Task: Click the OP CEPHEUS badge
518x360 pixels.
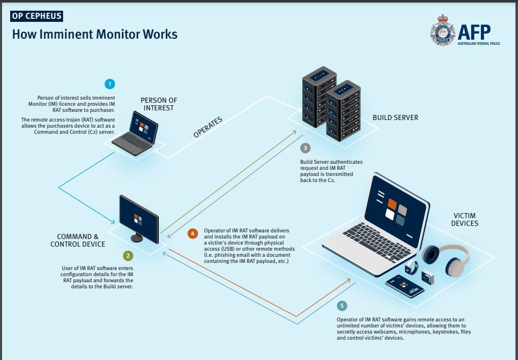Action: click(36, 16)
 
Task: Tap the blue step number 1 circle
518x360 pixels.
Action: click(109, 84)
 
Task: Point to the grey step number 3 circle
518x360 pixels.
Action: click(305, 148)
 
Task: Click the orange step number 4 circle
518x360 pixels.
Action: click(192, 234)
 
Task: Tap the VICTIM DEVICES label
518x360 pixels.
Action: click(465, 219)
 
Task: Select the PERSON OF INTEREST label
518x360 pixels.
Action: click(159, 104)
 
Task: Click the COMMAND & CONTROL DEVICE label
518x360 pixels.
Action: click(77, 240)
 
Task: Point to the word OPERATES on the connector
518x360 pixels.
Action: click(209, 126)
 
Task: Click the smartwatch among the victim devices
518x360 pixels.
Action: click(412, 267)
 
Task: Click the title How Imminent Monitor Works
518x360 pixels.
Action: click(95, 35)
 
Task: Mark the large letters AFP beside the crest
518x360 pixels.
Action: click(474, 33)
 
